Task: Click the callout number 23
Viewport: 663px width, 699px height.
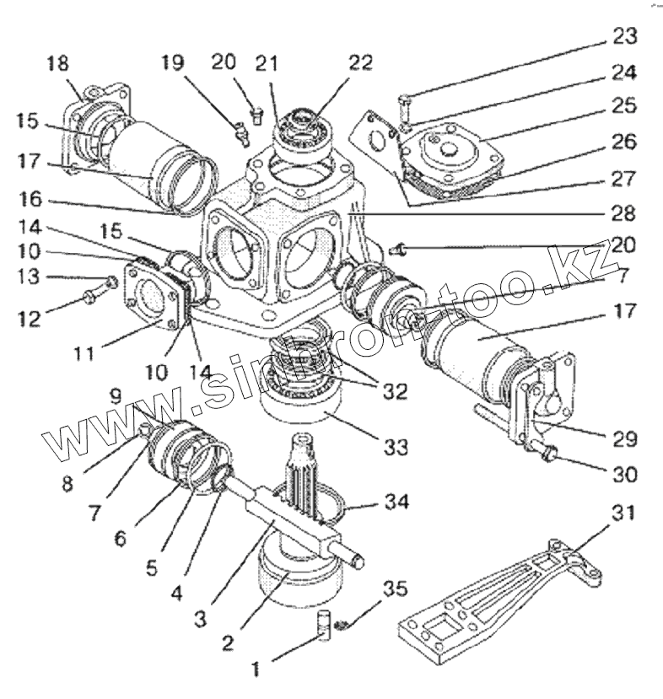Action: (626, 36)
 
